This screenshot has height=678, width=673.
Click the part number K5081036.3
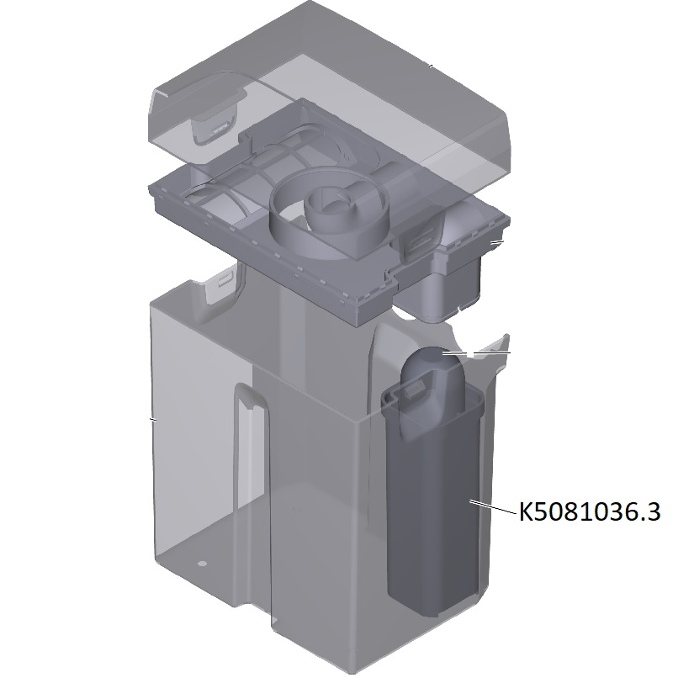pyautogui.click(x=590, y=511)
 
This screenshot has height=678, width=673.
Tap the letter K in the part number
pyautogui.click(x=526, y=511)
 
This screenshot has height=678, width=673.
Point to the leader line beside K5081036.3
pyautogui.click(x=493, y=506)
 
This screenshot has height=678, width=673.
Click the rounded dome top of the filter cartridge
pyautogui.click(x=432, y=368)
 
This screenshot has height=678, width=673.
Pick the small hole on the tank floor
pyautogui.click(x=202, y=564)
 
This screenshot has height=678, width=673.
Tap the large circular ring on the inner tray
pyautogui.click(x=329, y=216)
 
